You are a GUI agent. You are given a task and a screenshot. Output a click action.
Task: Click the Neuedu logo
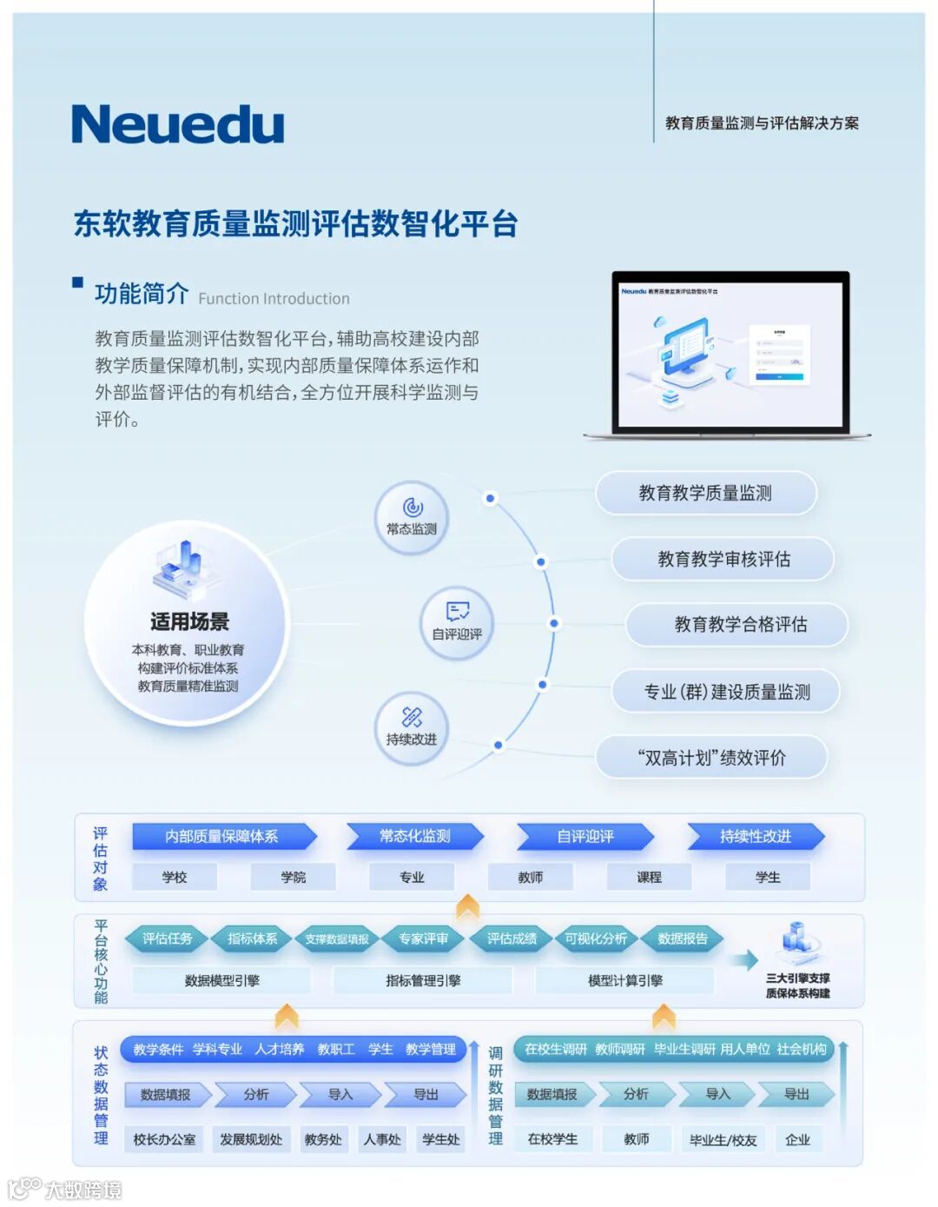(178, 124)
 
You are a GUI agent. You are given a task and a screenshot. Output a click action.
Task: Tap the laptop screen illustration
(730, 354)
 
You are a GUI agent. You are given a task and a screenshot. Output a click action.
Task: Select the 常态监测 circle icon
(412, 517)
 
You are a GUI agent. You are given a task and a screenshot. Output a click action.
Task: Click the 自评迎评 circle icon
(457, 622)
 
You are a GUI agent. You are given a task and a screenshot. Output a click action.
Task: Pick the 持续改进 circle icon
(412, 728)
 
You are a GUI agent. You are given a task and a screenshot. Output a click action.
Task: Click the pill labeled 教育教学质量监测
(705, 494)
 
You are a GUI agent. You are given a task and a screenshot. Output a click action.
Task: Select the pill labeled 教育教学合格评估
(740, 625)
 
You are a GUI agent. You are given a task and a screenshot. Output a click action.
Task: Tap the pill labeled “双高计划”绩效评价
(711, 758)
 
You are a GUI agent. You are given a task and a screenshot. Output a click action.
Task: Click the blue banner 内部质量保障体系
(222, 837)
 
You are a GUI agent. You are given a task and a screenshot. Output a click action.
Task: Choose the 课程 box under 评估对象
(649, 878)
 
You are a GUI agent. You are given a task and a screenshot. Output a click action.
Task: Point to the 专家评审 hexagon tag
(424, 938)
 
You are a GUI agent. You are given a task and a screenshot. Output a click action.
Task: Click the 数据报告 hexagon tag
(683, 938)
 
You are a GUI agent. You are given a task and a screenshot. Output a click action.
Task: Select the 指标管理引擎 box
(423, 981)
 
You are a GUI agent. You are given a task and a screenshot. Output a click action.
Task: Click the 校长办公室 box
(164, 1139)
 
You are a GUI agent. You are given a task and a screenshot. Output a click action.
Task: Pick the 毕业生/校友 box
(723, 1139)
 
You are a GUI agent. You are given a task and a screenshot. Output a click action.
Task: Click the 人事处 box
(382, 1139)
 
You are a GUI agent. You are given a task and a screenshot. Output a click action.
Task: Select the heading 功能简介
(141, 294)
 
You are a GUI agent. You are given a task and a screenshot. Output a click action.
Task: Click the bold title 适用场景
(189, 622)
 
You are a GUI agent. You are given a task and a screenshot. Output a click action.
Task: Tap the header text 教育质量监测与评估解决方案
(762, 123)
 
